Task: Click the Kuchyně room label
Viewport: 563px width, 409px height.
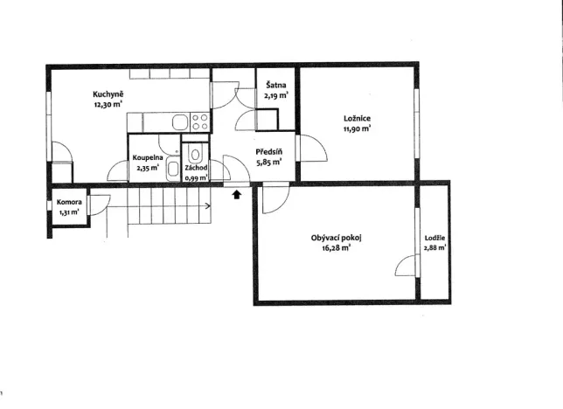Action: tap(108, 94)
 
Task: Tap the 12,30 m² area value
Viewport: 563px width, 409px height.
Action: tap(108, 105)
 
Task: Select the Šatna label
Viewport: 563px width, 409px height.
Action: tap(275, 85)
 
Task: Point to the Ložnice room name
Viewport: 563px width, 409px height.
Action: tap(357, 119)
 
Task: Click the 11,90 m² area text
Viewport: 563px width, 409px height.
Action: tap(357, 128)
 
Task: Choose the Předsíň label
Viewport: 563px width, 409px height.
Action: tap(269, 151)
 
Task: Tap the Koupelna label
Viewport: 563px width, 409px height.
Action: tap(148, 157)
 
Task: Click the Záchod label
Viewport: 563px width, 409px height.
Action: tap(196, 168)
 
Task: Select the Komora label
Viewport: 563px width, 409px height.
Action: tap(69, 202)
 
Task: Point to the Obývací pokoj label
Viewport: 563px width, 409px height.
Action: tap(336, 238)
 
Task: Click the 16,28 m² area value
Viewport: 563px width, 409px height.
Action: tap(337, 248)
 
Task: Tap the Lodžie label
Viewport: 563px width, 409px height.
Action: tap(434, 238)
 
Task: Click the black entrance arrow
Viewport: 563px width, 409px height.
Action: tap(237, 194)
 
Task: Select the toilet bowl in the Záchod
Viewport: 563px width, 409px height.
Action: tap(195, 154)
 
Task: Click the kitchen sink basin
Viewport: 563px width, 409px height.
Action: tap(180, 122)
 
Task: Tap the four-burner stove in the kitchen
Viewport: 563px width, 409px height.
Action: tap(199, 121)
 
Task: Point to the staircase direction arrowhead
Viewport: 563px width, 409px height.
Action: tap(208, 205)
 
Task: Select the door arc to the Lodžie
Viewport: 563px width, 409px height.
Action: tap(402, 261)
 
